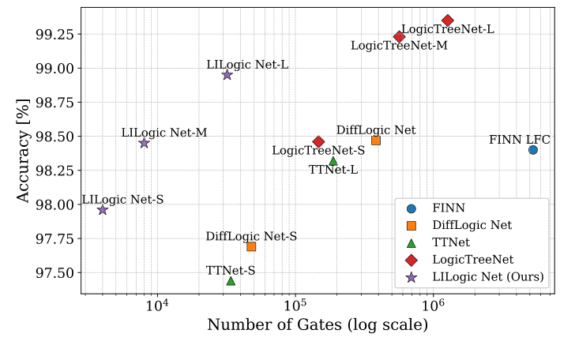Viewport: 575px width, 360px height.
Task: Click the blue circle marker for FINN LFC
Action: [533, 149]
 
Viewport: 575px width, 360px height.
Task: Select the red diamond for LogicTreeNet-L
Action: [448, 20]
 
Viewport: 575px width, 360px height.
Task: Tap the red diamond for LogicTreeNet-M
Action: [399, 36]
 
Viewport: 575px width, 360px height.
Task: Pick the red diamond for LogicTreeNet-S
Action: [318, 142]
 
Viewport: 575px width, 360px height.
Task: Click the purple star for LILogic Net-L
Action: [227, 75]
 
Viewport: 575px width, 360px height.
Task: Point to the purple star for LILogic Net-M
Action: [144, 143]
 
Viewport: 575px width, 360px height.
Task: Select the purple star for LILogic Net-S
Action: [102, 209]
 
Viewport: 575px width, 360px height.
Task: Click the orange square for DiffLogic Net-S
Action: [251, 246]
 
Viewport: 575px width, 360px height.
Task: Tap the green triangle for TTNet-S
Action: [231, 280]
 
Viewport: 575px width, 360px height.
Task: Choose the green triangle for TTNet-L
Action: [333, 161]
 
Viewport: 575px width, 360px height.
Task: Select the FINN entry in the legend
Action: [448, 208]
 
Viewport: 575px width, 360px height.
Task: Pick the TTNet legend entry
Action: [452, 242]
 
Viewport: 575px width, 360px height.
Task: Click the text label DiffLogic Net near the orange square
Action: [376, 129]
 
